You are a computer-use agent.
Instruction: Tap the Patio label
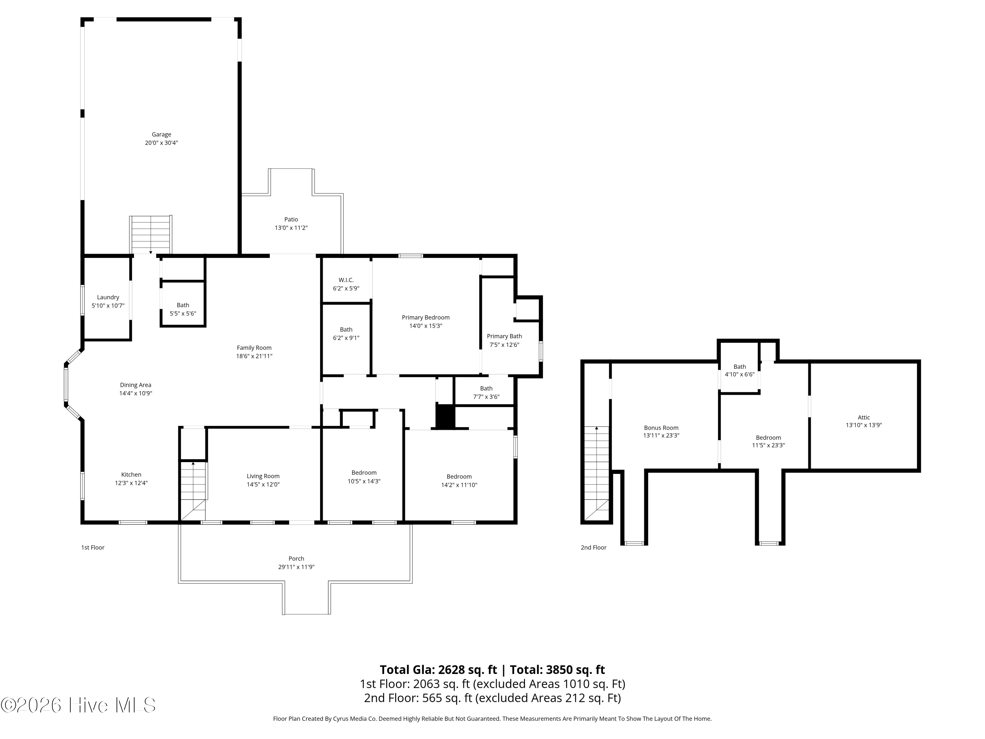coord(291,219)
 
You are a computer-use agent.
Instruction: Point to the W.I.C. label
coord(346,280)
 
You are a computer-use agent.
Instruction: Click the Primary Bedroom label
coord(426,317)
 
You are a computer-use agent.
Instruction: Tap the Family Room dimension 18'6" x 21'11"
coord(254,356)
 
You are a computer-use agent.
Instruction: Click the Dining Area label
coord(135,385)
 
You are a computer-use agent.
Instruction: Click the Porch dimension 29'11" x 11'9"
coord(296,567)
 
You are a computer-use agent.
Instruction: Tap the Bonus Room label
coord(661,428)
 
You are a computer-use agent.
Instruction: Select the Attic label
coord(864,417)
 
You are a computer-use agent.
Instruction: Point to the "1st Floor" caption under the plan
coord(93,548)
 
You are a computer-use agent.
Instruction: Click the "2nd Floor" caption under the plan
coord(593,548)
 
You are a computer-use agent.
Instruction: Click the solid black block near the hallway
coord(445,416)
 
